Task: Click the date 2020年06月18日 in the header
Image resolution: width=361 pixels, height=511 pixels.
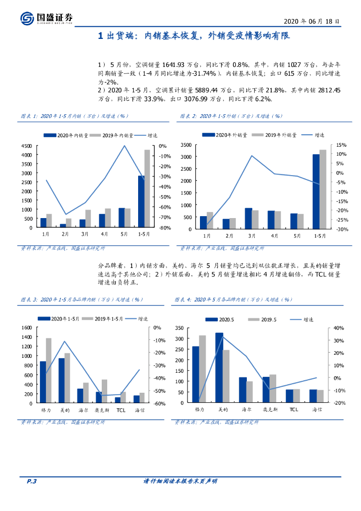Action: click(x=312, y=22)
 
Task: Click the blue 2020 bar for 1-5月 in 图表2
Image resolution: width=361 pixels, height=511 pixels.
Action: click(x=316, y=192)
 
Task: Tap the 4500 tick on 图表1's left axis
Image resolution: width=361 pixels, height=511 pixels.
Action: click(x=27, y=146)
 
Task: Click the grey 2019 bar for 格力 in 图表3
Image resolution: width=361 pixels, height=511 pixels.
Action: click(x=48, y=370)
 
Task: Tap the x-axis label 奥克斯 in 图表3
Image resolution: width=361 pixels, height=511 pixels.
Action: click(x=102, y=410)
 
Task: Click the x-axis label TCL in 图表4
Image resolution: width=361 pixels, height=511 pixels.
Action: click(x=293, y=409)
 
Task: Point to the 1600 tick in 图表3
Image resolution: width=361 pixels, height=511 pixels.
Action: click(x=27, y=327)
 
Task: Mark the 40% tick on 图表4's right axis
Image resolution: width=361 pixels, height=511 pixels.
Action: click(x=325, y=328)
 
